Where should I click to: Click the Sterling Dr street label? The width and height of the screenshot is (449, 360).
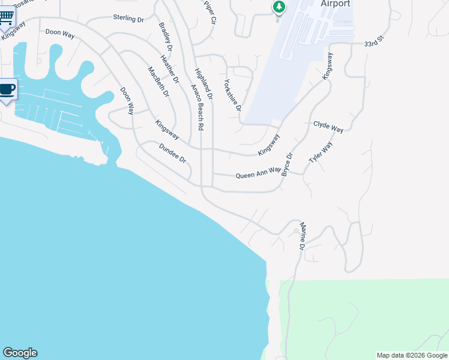coord(129,19)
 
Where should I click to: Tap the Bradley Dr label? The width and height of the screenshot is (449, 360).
coord(166,37)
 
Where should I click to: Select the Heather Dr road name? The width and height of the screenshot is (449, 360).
coord(170,69)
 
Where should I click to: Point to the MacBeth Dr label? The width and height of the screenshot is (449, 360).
coord(159,82)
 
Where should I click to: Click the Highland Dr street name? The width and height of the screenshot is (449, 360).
coord(204,83)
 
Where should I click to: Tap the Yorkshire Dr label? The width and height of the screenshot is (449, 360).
coord(232,96)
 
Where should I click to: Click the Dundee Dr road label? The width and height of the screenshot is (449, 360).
coord(173,154)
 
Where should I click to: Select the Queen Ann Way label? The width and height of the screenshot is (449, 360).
coord(258,173)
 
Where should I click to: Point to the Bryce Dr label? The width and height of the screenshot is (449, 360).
coord(288,164)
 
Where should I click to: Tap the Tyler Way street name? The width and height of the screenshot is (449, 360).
coord(321,152)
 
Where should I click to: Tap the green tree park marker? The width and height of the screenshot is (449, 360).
coord(279,7)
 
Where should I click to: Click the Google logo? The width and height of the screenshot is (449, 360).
coord(20,353)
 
